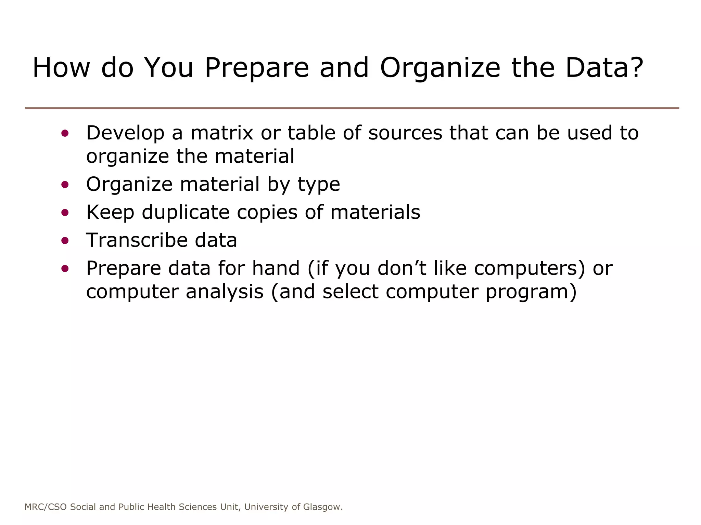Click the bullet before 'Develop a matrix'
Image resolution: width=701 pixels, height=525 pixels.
tap(65, 133)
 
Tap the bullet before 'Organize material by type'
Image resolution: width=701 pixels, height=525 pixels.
tap(65, 185)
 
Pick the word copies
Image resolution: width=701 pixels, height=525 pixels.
tap(267, 213)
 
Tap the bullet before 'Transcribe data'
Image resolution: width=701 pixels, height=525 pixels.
tap(65, 241)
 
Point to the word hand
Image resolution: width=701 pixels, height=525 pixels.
tap(276, 268)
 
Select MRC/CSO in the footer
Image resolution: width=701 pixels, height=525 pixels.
tap(46, 507)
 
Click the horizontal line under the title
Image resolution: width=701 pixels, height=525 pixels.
tap(352, 108)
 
